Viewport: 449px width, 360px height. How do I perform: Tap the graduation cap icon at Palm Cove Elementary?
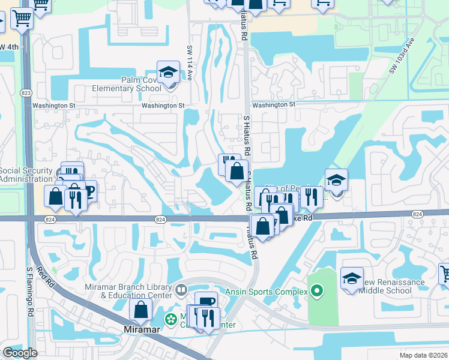point(169,73)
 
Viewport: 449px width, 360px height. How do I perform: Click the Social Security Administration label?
point(27,175)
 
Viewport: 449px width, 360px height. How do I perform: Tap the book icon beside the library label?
point(181,291)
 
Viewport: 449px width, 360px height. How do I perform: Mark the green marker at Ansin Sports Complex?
point(317,292)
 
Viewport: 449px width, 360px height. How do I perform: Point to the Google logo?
point(20,352)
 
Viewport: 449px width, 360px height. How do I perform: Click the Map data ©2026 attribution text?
point(423,355)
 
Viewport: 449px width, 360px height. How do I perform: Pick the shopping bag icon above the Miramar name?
point(141,310)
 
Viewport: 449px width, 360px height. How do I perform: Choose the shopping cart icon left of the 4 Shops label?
point(22,20)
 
